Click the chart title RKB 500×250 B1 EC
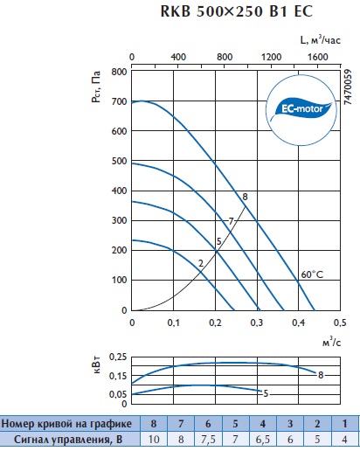pos(237,11)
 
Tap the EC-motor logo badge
pos(301,110)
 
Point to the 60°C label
pos(312,274)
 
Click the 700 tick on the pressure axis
pos(119,101)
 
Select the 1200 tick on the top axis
pos(271,57)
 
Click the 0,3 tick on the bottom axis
pos(257,323)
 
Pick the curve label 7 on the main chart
pos(231,221)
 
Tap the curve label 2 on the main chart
pos(201,263)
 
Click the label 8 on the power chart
pos(321,375)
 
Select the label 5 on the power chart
pos(266,393)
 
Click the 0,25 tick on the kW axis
pos(118,357)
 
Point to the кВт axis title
pos(97,364)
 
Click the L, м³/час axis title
pos(320,39)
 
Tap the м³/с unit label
pos(331,342)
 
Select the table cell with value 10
pos(154,439)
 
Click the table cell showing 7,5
pos(208,439)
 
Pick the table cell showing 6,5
pos(263,439)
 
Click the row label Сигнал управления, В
pos(68,439)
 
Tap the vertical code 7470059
pos(348,87)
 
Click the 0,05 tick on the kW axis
pos(118,394)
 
